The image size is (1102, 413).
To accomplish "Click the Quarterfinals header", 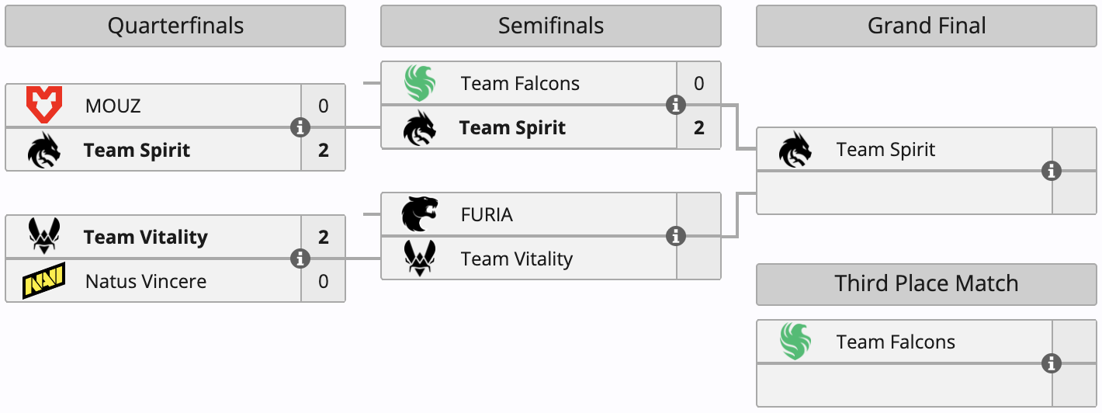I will pos(175,26).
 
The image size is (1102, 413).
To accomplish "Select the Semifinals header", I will pos(550,26).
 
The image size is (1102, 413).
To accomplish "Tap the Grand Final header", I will pos(926,26).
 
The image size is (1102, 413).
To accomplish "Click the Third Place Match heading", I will pos(926,283).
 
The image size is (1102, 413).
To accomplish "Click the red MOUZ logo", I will pos(43,106).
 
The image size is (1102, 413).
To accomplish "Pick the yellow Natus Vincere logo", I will pos(43,281).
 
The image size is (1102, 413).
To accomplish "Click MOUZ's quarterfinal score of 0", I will pos(323,106).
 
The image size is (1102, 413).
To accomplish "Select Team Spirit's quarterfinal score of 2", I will pos(323,150).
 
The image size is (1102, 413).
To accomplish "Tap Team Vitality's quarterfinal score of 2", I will pos(323,237).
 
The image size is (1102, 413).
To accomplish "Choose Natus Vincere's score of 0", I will pos(323,281).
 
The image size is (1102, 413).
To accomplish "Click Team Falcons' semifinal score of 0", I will pos(698,83).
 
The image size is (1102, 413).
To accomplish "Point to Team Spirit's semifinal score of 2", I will pos(698,127).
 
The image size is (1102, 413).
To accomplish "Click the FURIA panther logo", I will pos(419,214).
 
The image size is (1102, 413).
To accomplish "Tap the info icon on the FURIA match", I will pos(676,236).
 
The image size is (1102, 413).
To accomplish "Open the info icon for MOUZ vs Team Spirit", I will pos(300,127).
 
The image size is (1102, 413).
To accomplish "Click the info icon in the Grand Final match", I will pos(1052,171).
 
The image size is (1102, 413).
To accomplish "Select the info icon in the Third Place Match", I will pos(1052,363).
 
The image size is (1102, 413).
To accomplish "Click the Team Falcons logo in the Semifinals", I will pos(420,83).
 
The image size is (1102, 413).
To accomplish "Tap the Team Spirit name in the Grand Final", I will pos(885,149).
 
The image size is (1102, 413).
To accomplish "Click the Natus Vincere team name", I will pos(146,281).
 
